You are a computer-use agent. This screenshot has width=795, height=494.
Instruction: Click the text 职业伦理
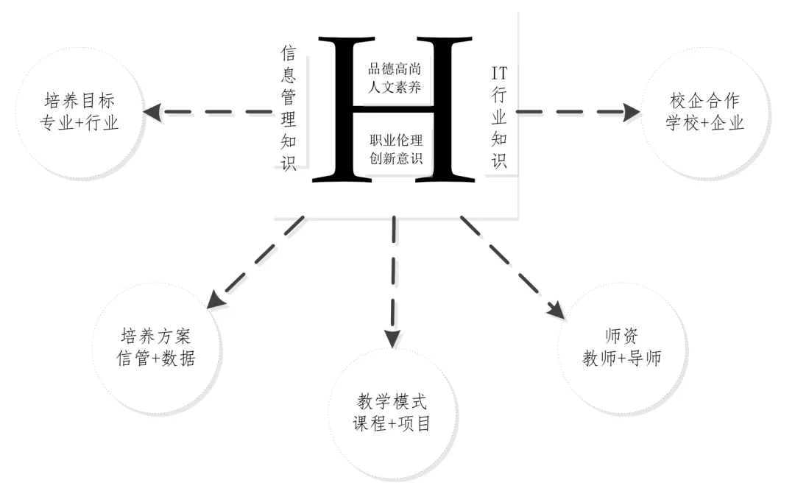point(396,140)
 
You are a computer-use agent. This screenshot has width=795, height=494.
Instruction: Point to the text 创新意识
point(396,158)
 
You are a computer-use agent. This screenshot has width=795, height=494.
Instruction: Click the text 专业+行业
point(81,122)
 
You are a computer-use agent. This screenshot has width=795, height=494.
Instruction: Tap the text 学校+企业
point(704,123)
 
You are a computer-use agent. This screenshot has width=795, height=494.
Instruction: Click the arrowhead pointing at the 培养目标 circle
point(152,112)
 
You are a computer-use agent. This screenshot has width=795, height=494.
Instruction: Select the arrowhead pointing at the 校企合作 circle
point(631,112)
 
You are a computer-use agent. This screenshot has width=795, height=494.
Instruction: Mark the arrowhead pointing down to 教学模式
point(393,338)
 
